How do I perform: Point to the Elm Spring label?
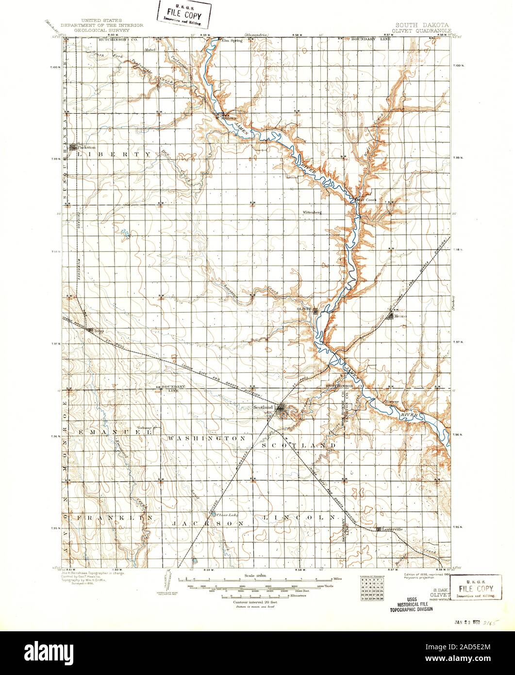[232, 40]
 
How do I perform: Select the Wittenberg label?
[313, 212]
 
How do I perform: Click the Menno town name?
[401, 316]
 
